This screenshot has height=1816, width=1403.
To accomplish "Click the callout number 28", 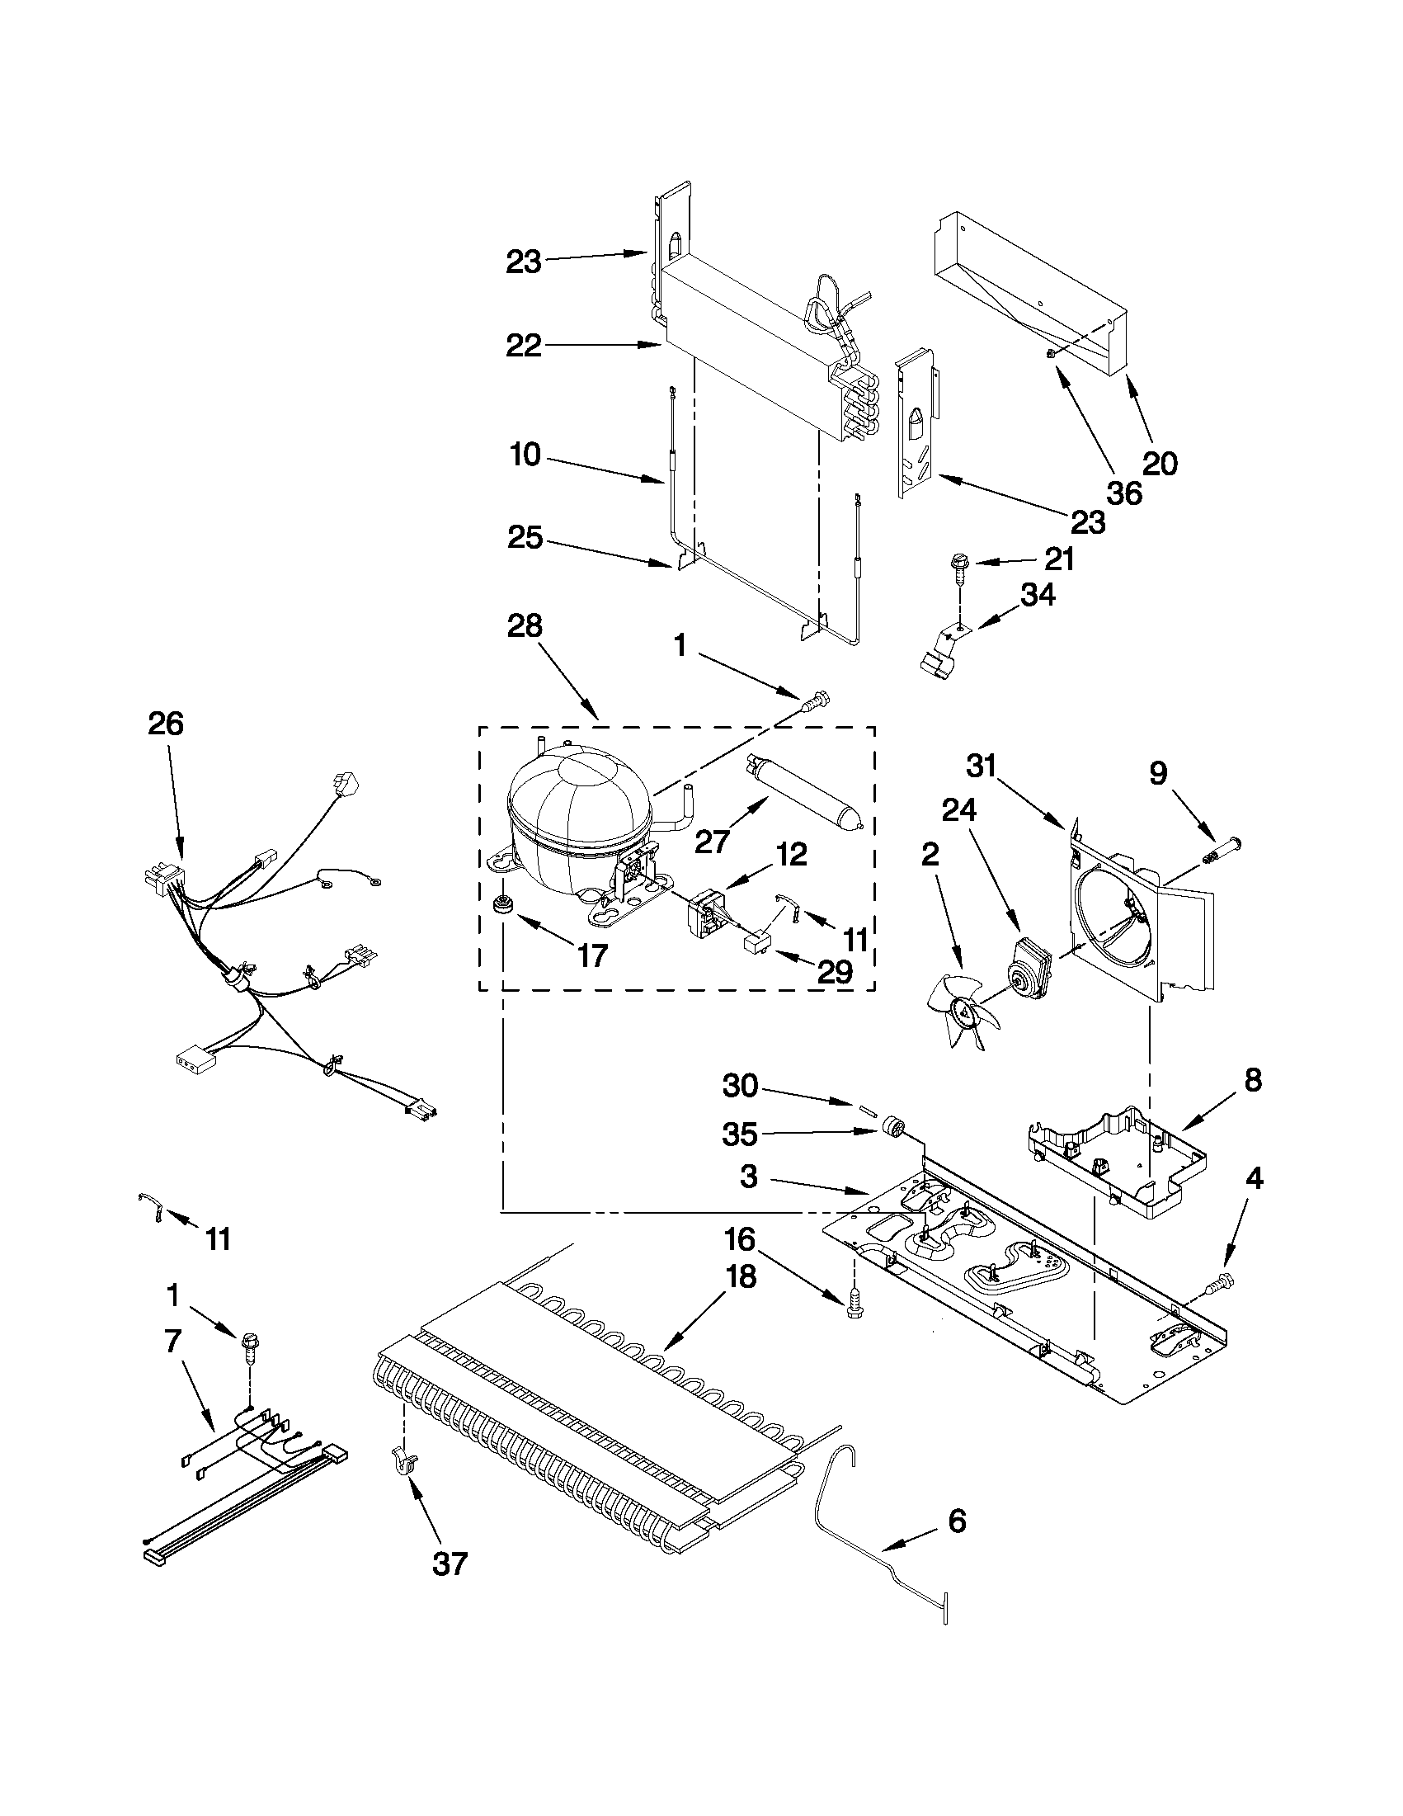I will [525, 625].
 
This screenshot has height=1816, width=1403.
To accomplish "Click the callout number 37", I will [450, 1564].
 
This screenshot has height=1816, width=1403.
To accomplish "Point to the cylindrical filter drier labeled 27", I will [803, 785].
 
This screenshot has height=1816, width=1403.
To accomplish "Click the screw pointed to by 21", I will [959, 567].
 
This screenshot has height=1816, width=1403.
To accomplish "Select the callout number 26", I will [166, 724].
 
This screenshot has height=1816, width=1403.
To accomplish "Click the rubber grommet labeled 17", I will [501, 903].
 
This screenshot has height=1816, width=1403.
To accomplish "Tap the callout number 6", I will [957, 1521].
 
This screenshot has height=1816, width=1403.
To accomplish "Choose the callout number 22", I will [524, 345].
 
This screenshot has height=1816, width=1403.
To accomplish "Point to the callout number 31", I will [982, 766].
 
